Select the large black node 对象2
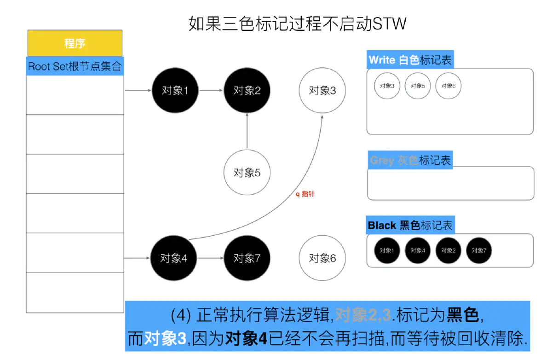[x=247, y=90]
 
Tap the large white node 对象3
[x=322, y=90]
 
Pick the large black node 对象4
[x=173, y=258]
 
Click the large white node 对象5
[x=247, y=173]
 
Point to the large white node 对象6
[x=322, y=258]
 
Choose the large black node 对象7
[x=247, y=258]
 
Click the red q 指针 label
[x=305, y=194]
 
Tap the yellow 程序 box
[x=75, y=43]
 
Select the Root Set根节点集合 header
[x=75, y=66]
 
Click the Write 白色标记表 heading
[x=410, y=60]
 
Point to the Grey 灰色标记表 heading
[x=410, y=160]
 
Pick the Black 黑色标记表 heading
[x=410, y=226]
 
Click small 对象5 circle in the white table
[x=418, y=86]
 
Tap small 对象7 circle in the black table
[x=479, y=250]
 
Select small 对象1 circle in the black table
[x=386, y=250]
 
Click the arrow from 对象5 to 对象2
[x=247, y=131]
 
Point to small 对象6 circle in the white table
[x=448, y=86]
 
